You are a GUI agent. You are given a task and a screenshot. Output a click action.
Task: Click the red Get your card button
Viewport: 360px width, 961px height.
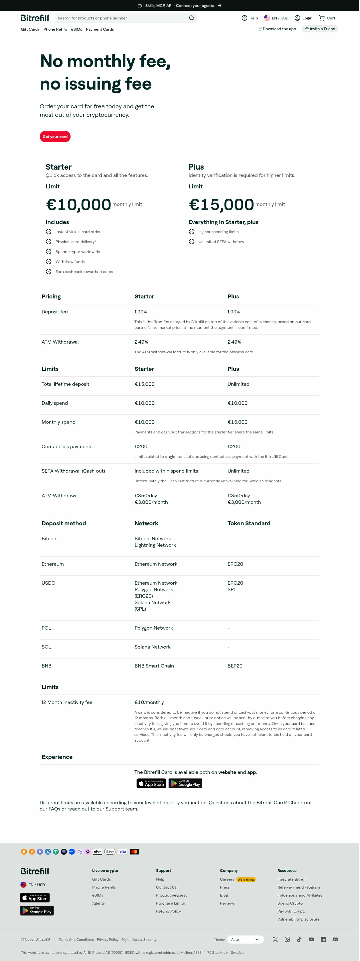tap(55, 137)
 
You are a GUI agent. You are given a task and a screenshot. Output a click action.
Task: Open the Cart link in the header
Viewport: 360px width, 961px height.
tap(327, 18)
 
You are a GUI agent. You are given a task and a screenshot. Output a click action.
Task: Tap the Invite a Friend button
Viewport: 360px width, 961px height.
tap(320, 29)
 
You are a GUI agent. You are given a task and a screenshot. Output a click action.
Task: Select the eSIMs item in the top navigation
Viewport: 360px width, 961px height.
tap(77, 29)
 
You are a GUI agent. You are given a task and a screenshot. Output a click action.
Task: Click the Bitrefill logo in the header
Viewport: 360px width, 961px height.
tap(35, 18)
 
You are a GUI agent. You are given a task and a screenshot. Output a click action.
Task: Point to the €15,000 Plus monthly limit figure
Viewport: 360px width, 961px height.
tap(222, 204)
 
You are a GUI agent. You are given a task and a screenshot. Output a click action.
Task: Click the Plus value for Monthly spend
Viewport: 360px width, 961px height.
tap(238, 422)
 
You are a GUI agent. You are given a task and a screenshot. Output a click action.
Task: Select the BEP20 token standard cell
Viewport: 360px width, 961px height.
tap(235, 666)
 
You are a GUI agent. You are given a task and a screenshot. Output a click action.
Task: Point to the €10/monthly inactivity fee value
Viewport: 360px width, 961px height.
tap(149, 702)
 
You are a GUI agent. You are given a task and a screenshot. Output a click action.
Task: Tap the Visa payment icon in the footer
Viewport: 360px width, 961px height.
tap(123, 852)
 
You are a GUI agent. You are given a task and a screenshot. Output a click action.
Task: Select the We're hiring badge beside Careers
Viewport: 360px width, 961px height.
tap(246, 880)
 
